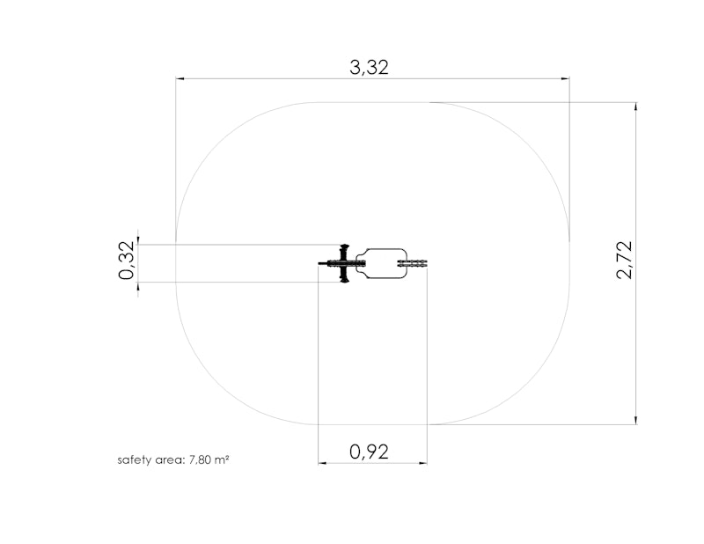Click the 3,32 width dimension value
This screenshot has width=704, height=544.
pyautogui.click(x=369, y=68)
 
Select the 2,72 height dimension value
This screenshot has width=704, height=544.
pyautogui.click(x=625, y=260)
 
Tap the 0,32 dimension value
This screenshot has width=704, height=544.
pyautogui.click(x=127, y=260)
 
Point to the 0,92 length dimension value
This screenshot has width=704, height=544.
pyautogui.click(x=369, y=452)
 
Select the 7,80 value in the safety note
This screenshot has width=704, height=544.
pyautogui.click(x=201, y=460)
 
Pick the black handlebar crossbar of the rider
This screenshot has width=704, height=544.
pyautogui.click(x=344, y=263)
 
